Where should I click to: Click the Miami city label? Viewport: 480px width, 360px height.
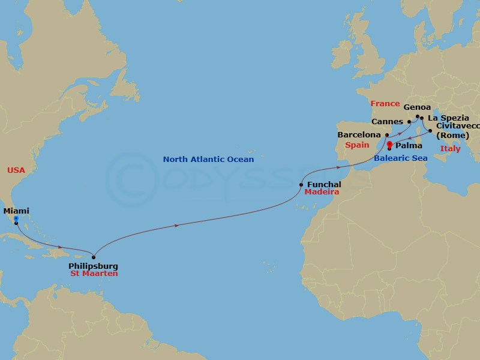coord(16,211)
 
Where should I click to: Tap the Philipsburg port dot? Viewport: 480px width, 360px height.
coord(94,257)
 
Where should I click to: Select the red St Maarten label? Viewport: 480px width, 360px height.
coord(93,274)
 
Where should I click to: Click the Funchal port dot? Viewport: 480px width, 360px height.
coord(301,185)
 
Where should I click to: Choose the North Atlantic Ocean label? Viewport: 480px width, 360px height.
coord(208,160)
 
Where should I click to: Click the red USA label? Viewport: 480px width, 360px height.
coord(16,170)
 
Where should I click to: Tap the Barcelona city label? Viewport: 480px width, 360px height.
coord(359,135)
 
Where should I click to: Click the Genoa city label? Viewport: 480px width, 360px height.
coord(417,107)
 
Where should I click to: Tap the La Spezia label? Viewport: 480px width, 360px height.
coord(448,118)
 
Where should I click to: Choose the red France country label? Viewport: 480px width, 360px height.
coord(385,104)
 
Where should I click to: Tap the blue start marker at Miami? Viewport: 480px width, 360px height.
coord(16,219)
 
